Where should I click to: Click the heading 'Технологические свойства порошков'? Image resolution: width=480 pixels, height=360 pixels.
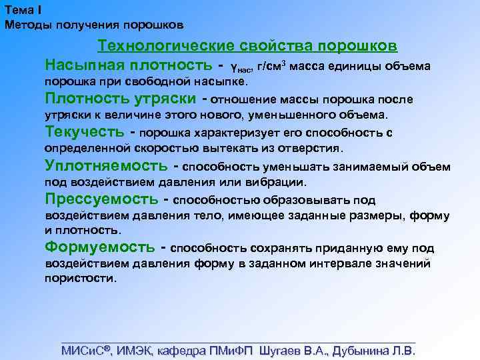247,46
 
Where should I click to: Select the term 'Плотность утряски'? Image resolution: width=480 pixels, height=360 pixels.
120,99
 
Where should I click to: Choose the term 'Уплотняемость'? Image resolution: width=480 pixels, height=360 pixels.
105,165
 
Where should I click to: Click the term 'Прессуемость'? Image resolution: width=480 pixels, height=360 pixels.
101,199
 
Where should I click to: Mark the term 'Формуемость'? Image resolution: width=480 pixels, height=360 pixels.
99,247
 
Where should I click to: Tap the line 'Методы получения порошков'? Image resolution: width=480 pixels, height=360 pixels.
93,25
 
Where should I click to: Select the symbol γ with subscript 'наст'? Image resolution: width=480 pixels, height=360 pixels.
241,67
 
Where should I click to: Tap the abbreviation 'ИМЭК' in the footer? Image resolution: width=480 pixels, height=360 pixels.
135,350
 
